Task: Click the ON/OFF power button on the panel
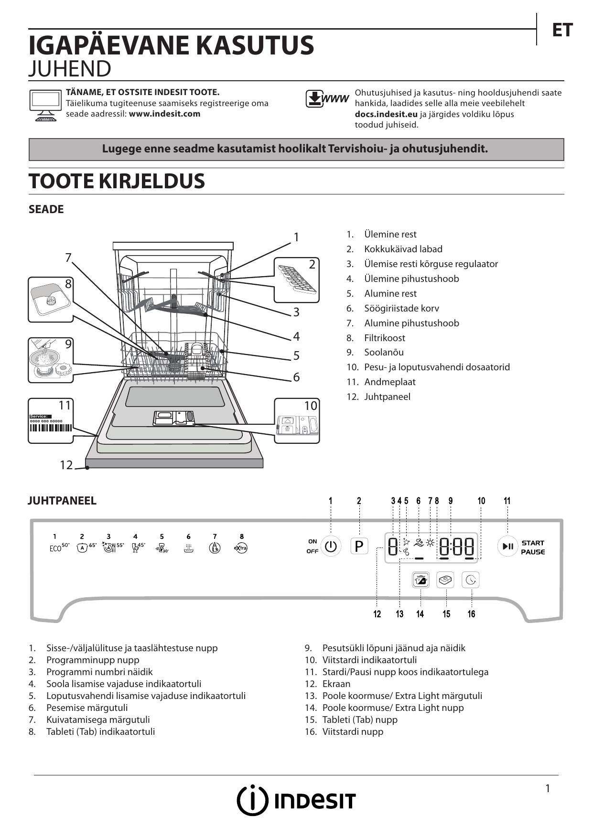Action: tap(331, 546)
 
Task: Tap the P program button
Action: tap(359, 546)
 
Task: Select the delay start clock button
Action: tap(471, 580)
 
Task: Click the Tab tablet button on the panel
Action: tap(445, 580)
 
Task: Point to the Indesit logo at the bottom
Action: tap(296, 800)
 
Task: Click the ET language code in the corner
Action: tap(562, 31)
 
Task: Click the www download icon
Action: tap(327, 98)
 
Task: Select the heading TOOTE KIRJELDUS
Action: tap(117, 182)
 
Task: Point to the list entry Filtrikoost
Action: tap(384, 338)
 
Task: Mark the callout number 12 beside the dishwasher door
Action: tap(66, 465)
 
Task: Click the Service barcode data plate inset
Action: tap(51, 421)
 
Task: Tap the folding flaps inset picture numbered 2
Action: tap(296, 280)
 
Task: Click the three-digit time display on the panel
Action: tap(456, 546)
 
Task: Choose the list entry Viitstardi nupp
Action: tap(353, 731)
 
